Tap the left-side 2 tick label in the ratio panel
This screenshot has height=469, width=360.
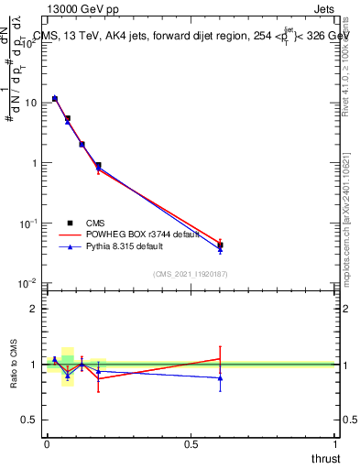[x=34, y=309]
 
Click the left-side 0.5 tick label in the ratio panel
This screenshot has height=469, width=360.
[x=30, y=420]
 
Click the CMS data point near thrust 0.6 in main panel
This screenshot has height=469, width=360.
[x=220, y=245]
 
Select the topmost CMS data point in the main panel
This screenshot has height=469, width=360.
[x=55, y=98]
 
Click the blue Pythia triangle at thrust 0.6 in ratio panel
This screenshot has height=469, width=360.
[x=220, y=377]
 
